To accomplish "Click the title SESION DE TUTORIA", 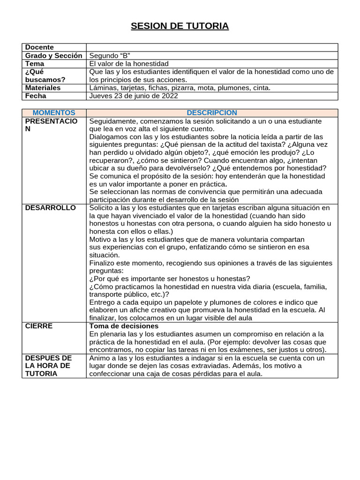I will pos(180,26).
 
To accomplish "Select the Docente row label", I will pos(39,47).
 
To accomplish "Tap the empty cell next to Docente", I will pos(212,47).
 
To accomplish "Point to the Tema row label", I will pos(35,63).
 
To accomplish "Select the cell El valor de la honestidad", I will pos(129,63).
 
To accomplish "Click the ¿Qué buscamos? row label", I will pos(45,75).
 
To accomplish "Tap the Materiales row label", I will pos(43,88).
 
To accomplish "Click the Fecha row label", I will pos(36,96).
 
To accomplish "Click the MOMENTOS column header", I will pos(54,112).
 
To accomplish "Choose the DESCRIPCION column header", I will pos(212,112).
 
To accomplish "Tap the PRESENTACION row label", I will pos(51,125).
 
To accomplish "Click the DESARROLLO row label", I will pos(51,208).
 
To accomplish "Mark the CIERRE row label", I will pos(39,326).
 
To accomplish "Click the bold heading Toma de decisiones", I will pos(124,326).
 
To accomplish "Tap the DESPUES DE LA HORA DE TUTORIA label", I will pos(48,366).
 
